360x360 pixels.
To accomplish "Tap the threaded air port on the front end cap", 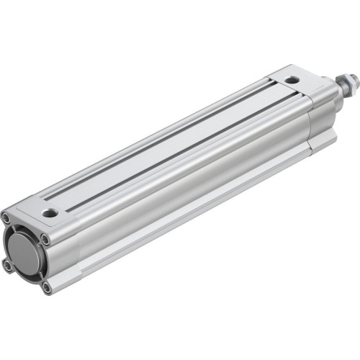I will pos(291,80).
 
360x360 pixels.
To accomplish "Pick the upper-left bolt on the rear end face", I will pos(6,218).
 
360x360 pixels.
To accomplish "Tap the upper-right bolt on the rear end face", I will pos(45,239).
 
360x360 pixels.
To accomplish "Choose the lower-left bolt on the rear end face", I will pos(8,266).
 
